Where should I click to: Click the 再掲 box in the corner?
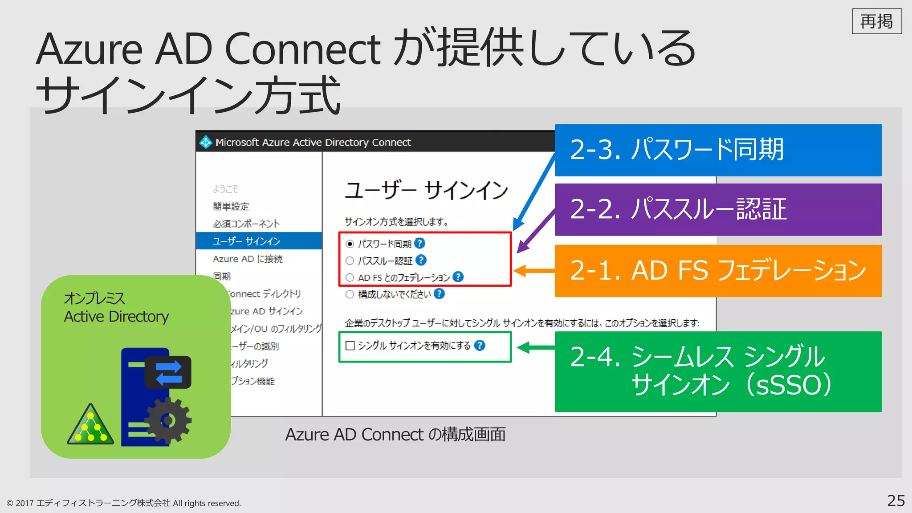pyautogui.click(x=876, y=21)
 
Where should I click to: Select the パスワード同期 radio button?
pyautogui.click(x=350, y=244)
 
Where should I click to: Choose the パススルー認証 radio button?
pyautogui.click(x=350, y=261)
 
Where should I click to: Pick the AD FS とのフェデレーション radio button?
pyautogui.click(x=350, y=277)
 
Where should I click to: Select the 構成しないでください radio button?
pyautogui.click(x=350, y=294)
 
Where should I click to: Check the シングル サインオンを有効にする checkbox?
pyautogui.click(x=350, y=346)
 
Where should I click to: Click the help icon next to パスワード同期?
pyautogui.click(x=419, y=243)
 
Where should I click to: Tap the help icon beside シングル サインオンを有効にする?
pyautogui.click(x=480, y=346)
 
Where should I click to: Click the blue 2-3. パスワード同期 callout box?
pyautogui.click(x=718, y=150)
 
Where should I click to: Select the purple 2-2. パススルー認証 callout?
pyautogui.click(x=718, y=209)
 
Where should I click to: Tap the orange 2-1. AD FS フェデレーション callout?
pyautogui.click(x=718, y=270)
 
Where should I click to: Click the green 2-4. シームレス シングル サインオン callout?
pyautogui.click(x=718, y=371)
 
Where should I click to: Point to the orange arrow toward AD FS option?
pyautogui.click(x=533, y=270)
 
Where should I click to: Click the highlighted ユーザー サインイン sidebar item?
pyautogui.click(x=258, y=241)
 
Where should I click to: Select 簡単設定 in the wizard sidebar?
pyautogui.click(x=231, y=206)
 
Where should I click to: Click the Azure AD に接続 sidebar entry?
pyautogui.click(x=248, y=259)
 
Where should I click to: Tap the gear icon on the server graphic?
pyautogui.click(x=168, y=420)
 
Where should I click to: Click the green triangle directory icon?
pyautogui.click(x=91, y=427)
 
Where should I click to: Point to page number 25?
pyautogui.click(x=896, y=501)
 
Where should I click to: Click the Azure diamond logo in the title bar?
pyautogui.click(x=206, y=142)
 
